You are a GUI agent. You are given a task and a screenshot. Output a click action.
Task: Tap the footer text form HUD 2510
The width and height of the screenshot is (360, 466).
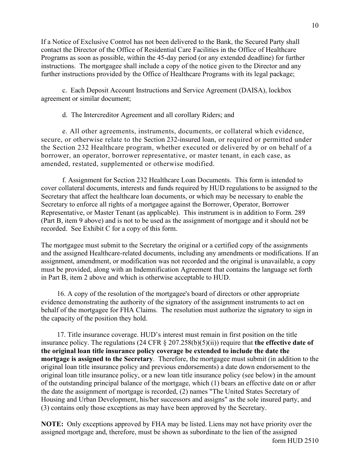tap(295, 441)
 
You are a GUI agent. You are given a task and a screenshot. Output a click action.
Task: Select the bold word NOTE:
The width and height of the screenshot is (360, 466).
tap(52, 424)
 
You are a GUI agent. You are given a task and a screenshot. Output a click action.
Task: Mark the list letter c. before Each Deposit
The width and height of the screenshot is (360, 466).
tap(64, 91)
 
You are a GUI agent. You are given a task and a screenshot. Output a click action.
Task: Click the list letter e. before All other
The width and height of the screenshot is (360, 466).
tap(64, 131)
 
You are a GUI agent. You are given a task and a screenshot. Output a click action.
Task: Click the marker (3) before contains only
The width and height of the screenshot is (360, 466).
tap(45, 408)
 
